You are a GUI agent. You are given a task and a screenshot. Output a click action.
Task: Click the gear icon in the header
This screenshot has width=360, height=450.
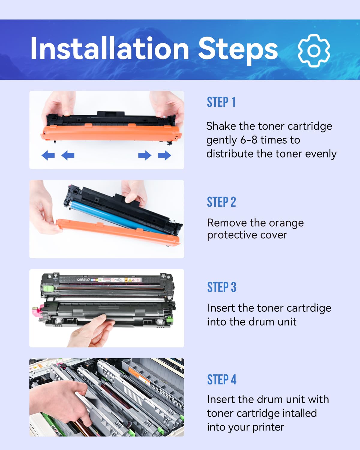pyautogui.click(x=314, y=51)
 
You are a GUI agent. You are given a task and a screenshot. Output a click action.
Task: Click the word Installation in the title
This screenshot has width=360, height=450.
pyautogui.click(x=109, y=49)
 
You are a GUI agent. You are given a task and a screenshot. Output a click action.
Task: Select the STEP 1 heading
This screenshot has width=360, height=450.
pyautogui.click(x=221, y=102)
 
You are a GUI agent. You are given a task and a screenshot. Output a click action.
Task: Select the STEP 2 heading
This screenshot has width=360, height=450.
pyautogui.click(x=221, y=202)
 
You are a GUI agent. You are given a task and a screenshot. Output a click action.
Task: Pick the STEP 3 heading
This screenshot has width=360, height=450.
pyautogui.click(x=222, y=287)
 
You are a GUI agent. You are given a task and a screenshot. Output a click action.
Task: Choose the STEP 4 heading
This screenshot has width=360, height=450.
pyautogui.click(x=222, y=380)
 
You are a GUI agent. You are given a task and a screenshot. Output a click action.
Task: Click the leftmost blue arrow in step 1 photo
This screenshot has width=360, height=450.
pyautogui.click(x=48, y=155)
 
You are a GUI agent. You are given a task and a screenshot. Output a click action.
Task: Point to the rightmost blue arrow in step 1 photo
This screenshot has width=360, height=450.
pyautogui.click(x=164, y=155)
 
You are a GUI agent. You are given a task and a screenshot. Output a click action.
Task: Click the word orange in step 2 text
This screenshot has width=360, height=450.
pyautogui.click(x=285, y=223)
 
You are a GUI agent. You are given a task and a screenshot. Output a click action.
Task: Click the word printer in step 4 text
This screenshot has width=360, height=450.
pyautogui.click(x=268, y=427)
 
